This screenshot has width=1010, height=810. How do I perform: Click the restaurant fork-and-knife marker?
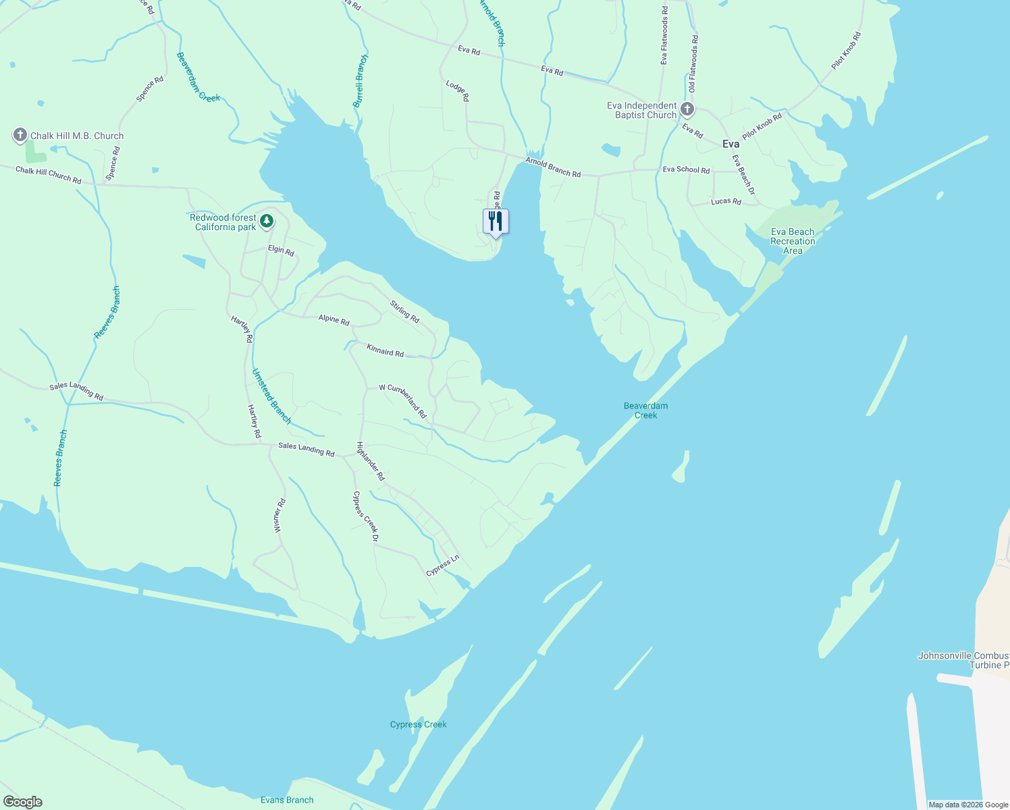pos(496,221)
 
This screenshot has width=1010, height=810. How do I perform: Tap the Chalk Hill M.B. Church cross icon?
pos(20,135)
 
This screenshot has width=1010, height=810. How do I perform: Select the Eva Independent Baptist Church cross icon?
pos(687,109)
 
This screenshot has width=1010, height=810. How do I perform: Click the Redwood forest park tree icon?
pos(267,221)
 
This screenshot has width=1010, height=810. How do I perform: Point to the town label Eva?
pos(730,144)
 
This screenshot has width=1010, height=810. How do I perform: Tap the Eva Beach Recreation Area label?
pos(793,241)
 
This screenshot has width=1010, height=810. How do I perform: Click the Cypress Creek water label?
pos(419,724)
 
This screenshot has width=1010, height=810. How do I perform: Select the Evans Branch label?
pos(287,800)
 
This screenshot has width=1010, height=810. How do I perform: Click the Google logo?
pos(23,802)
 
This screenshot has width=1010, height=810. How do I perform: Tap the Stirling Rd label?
pos(404,310)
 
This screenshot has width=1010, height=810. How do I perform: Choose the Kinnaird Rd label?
pos(385,350)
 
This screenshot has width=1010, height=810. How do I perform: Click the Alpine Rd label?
pos(334,319)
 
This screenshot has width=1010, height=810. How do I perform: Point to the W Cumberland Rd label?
pos(402,400)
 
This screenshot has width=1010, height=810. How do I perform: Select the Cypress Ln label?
pos(442,566)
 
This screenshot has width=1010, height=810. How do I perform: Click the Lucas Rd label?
pos(726,201)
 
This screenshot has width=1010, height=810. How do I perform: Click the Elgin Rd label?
pos(281,251)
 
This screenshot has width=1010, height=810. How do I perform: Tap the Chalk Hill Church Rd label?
pos(49,175)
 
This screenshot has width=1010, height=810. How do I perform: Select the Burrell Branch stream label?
pos(361,82)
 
